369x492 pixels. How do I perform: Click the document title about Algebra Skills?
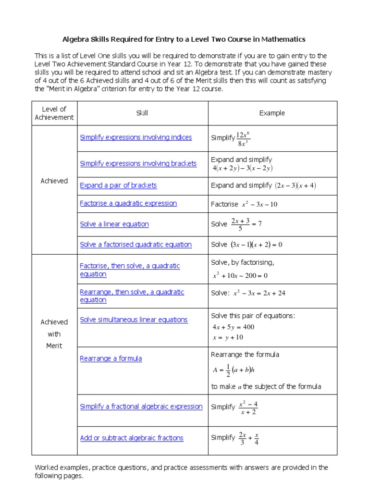(184, 39)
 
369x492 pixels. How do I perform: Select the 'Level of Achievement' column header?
(54, 113)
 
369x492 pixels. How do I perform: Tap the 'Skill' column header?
(142, 113)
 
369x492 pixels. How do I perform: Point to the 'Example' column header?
(272, 113)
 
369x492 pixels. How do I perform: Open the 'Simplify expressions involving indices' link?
(136, 137)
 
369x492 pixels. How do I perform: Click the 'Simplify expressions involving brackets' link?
(138, 163)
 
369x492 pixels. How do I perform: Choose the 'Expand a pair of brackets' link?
(118, 185)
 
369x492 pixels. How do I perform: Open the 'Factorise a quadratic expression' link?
(128, 203)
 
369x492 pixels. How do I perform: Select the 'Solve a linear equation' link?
(114, 224)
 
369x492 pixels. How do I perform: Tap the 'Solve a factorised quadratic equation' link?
(136, 245)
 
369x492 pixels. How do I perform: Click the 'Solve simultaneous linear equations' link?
(134, 320)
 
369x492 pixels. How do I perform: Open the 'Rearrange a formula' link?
(111, 358)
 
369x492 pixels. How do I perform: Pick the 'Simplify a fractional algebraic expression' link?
(141, 406)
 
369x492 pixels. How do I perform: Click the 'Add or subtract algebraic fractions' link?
(132, 438)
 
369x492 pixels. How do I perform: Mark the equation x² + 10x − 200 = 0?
(240, 276)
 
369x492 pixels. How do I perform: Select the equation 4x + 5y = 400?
(234, 327)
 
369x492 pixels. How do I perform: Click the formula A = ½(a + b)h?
(234, 370)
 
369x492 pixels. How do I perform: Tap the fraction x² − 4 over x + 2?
(248, 407)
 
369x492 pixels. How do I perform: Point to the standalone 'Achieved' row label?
(54, 181)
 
